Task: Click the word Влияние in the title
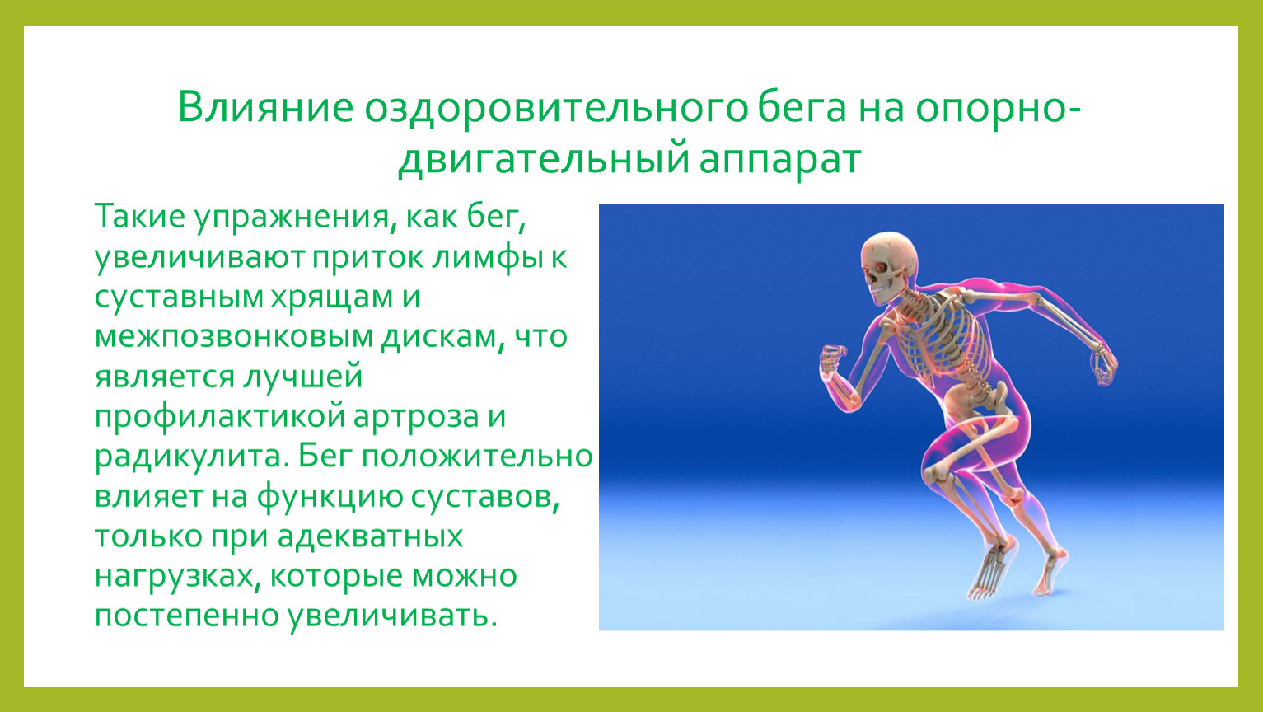(265, 107)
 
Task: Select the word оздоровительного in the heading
(555, 108)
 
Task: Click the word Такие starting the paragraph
(139, 216)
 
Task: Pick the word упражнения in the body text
(292, 218)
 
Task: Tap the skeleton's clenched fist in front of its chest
(833, 359)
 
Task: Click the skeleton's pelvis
(975, 398)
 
